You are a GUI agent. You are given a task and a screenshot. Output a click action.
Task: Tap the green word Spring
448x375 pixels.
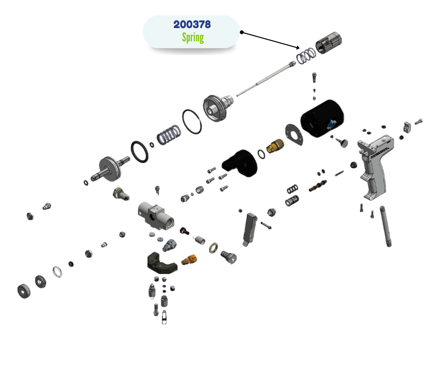click(x=193, y=38)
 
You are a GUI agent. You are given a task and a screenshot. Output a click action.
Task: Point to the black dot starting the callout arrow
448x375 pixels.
click(x=242, y=32)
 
